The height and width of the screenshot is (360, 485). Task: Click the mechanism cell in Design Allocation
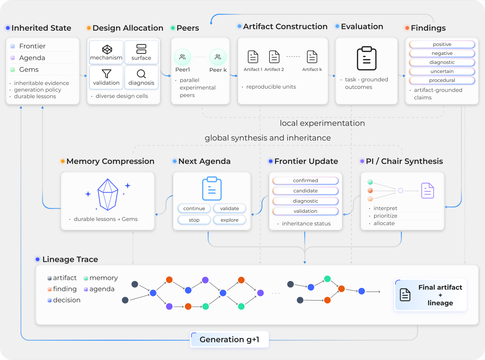pyautogui.click(x=106, y=52)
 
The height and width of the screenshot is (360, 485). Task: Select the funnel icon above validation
pyautogui.click(x=106, y=74)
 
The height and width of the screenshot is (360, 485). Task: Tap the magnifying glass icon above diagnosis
pyautogui.click(x=141, y=74)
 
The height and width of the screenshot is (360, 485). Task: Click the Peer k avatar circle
pyautogui.click(x=218, y=57)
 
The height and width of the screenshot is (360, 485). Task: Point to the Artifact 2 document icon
pyautogui.click(x=274, y=56)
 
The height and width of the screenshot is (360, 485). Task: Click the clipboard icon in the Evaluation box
pyautogui.click(x=367, y=58)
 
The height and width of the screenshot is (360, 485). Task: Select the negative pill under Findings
pyautogui.click(x=442, y=53)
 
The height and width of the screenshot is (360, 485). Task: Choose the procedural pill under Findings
pyautogui.click(x=442, y=80)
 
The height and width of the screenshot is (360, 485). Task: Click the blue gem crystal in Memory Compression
pyautogui.click(x=108, y=194)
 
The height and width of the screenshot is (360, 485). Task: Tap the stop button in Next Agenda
pyautogui.click(x=194, y=220)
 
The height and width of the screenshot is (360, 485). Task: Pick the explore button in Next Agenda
pyautogui.click(x=229, y=220)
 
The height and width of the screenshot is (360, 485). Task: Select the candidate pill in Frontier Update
pyautogui.click(x=305, y=191)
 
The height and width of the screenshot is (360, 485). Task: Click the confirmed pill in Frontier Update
pyautogui.click(x=305, y=181)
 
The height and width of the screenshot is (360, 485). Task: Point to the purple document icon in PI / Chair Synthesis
pyautogui.click(x=427, y=191)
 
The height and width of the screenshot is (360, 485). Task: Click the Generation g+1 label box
pyautogui.click(x=229, y=340)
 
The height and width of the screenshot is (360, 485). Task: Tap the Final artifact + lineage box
pyautogui.click(x=430, y=295)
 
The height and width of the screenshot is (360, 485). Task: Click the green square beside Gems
pyautogui.click(x=13, y=70)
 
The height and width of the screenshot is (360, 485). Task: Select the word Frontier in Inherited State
pyautogui.click(x=32, y=46)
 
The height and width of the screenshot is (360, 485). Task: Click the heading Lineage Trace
pyautogui.click(x=70, y=260)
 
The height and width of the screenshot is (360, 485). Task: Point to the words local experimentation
pyautogui.click(x=322, y=123)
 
